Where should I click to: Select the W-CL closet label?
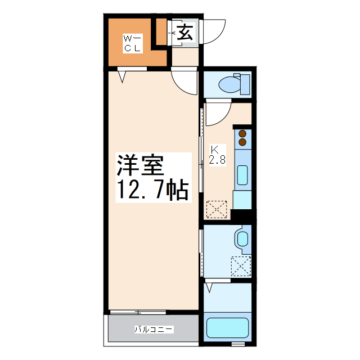click(x=133, y=43)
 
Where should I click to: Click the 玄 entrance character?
click(x=186, y=32)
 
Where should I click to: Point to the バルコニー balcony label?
click(x=154, y=329)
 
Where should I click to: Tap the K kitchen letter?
click(x=214, y=150)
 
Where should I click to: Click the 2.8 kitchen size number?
click(x=217, y=160)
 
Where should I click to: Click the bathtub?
click(x=227, y=328)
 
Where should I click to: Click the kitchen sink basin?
click(x=242, y=175)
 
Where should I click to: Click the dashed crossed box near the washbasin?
click(x=241, y=265)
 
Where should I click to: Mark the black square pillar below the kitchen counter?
click(x=242, y=215)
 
